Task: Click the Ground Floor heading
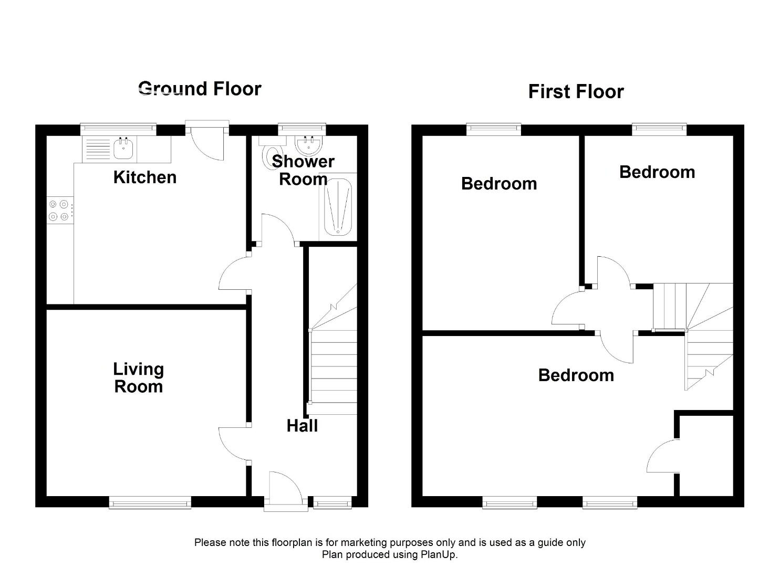click(x=200, y=89)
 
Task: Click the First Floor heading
click(x=576, y=92)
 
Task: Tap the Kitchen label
click(x=145, y=177)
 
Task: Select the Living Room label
click(x=139, y=377)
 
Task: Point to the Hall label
click(x=302, y=426)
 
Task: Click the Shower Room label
click(x=303, y=171)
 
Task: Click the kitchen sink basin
click(x=123, y=149)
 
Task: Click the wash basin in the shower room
click(x=308, y=145)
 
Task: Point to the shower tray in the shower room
click(x=338, y=207)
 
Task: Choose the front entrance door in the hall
click(x=286, y=491)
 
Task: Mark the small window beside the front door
click(x=332, y=503)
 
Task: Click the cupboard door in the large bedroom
click(x=663, y=456)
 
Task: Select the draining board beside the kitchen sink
click(x=98, y=149)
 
